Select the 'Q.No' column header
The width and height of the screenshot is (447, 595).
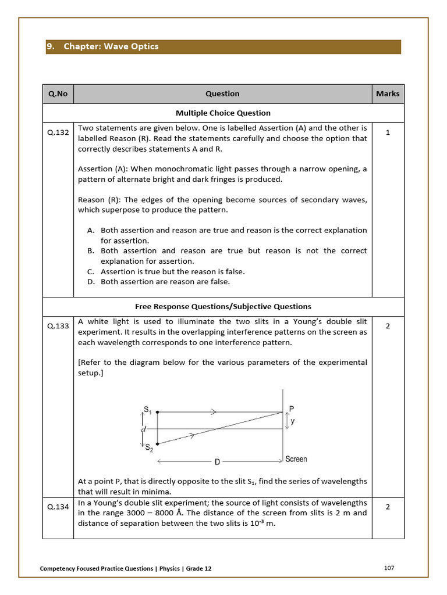(x=58, y=94)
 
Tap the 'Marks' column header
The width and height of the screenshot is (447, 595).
(x=388, y=94)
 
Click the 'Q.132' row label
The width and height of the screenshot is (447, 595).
(x=58, y=132)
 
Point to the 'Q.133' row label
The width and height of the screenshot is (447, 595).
(x=58, y=326)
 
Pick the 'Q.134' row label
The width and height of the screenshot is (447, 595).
(x=58, y=507)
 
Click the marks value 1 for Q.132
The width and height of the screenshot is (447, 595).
(x=388, y=132)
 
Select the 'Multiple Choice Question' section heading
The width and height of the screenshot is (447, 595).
(x=223, y=113)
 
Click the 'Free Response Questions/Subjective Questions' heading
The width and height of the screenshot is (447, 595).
(x=223, y=306)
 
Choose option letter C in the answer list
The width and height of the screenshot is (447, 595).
(x=91, y=271)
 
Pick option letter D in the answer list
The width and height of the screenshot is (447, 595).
(x=91, y=282)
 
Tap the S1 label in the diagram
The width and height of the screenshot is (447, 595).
(x=148, y=410)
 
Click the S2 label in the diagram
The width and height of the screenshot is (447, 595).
(x=149, y=447)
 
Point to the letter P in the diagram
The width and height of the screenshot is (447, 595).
(x=292, y=409)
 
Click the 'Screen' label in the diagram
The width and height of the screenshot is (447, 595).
(x=296, y=460)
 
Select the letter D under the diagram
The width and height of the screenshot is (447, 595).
(x=217, y=463)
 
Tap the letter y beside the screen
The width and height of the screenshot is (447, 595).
(x=292, y=422)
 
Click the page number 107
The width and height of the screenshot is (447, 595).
(x=389, y=568)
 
